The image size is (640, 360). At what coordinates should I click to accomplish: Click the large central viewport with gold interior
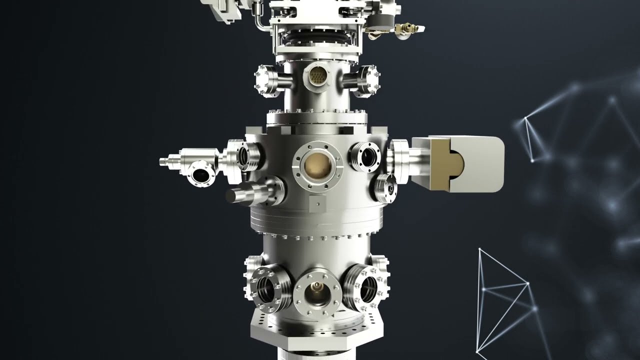click(318, 166)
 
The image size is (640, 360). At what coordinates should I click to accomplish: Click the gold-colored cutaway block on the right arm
click(440, 164)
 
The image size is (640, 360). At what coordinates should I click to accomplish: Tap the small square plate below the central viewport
click(317, 203)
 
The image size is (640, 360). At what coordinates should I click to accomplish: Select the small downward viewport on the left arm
click(201, 175)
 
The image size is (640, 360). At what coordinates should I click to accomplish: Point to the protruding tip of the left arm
click(164, 161)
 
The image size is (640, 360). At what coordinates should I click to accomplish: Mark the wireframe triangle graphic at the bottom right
click(502, 300)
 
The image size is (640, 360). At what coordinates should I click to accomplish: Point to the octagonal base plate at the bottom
click(317, 330)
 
